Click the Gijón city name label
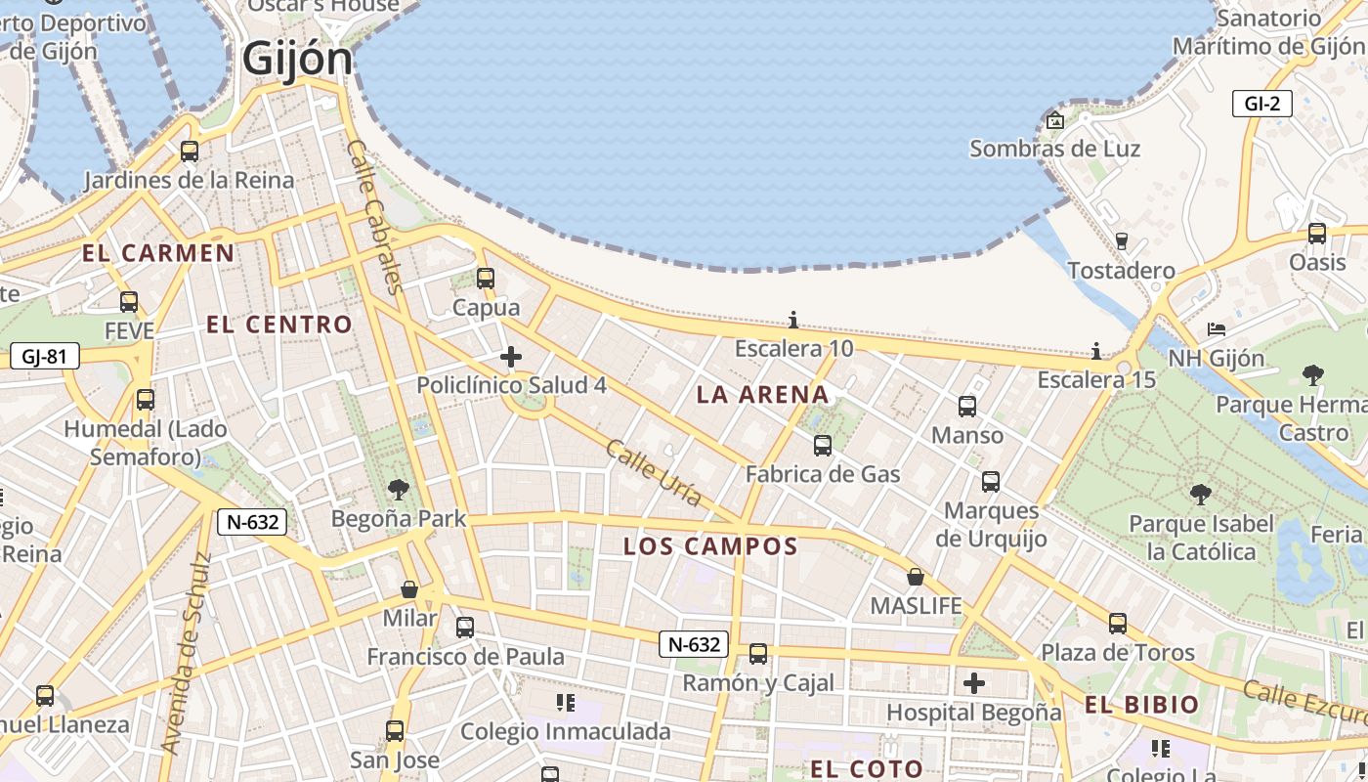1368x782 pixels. [297, 59]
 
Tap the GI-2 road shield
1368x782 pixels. [1261, 104]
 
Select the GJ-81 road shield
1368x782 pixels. [44, 356]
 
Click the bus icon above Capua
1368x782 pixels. [486, 279]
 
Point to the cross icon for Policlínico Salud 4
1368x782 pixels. [510, 357]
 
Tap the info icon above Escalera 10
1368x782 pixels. [793, 321]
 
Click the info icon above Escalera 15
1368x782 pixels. [1096, 351]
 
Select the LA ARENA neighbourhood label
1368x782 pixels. [762, 395]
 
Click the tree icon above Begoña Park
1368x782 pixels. [398, 490]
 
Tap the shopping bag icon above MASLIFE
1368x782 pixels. [916, 577]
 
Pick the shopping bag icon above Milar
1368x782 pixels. [409, 589]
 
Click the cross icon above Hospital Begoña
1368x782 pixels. [973, 683]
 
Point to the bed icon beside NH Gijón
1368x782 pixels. [1216, 329]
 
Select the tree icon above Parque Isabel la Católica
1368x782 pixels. [1201, 495]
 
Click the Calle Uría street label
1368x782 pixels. [653, 473]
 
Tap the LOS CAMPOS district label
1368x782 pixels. [710, 546]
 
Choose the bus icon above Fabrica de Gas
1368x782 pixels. [823, 446]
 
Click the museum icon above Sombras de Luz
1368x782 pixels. [1055, 121]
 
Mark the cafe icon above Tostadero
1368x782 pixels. [1121, 241]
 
